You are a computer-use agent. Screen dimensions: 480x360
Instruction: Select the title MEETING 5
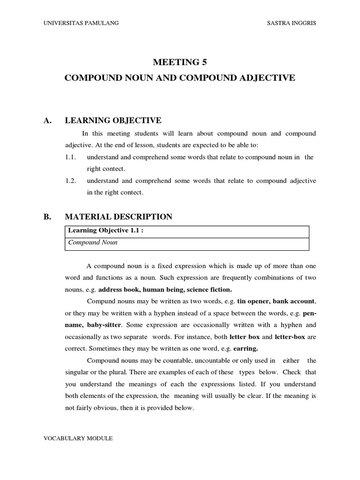[180, 62]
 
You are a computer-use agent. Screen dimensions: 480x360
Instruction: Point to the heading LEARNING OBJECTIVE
[113, 121]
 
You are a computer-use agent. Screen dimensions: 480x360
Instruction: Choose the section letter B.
[46, 217]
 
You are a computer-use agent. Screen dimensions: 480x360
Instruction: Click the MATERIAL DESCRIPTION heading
[119, 217]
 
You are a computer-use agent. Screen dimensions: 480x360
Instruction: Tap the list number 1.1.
[71, 157]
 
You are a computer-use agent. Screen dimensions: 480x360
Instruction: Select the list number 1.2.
[71, 180]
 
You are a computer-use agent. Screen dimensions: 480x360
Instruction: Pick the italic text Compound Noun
[93, 242]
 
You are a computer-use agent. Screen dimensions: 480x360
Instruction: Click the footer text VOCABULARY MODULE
[78, 438]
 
